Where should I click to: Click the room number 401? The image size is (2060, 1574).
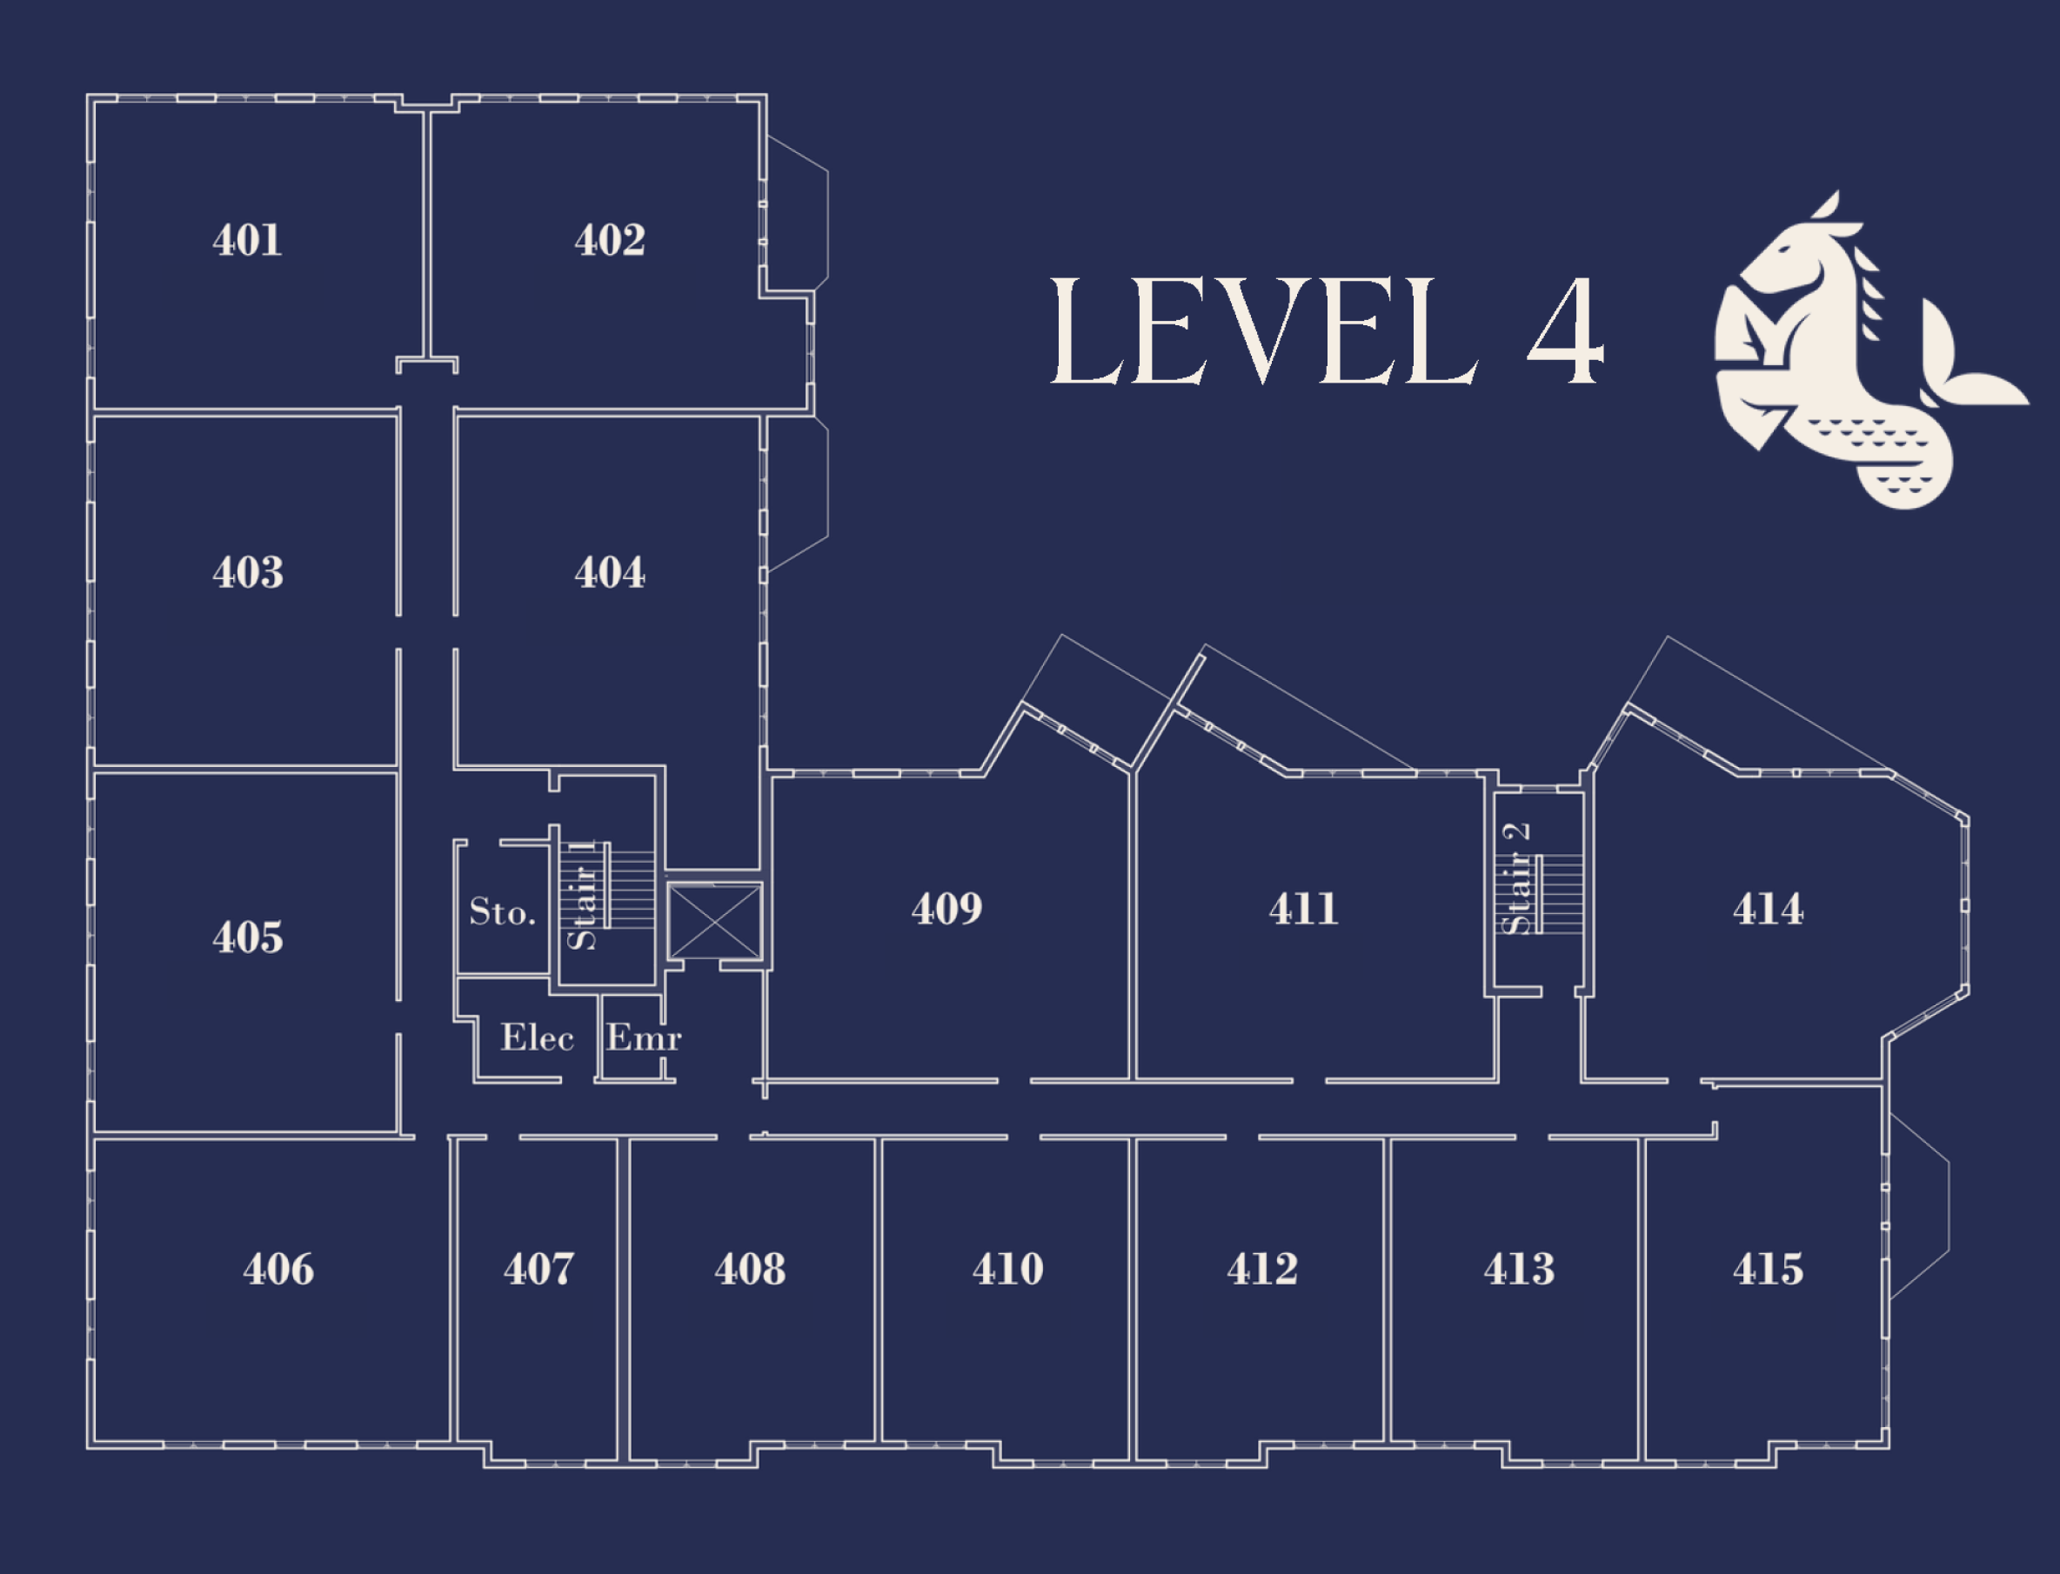point(246,240)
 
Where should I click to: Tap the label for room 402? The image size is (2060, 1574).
point(609,240)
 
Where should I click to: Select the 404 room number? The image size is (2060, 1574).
point(609,572)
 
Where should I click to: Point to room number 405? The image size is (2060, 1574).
point(247,937)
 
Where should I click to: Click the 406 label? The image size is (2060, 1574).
point(278,1270)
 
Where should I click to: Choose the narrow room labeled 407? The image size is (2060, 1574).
point(538,1270)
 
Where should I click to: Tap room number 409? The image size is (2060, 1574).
point(946,909)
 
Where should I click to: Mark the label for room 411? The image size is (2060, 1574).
point(1304,909)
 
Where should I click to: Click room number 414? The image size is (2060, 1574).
point(1768,909)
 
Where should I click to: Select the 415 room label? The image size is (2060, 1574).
point(1768,1270)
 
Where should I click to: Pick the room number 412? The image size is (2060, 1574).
point(1262,1270)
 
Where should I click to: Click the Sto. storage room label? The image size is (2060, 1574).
point(502,911)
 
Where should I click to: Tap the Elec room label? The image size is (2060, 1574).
point(537,1037)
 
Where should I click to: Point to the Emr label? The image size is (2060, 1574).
point(644,1037)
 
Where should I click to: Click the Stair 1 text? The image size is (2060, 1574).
point(582,895)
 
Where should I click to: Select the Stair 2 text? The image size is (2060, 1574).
point(1515,878)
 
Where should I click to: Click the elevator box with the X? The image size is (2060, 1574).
point(714,921)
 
